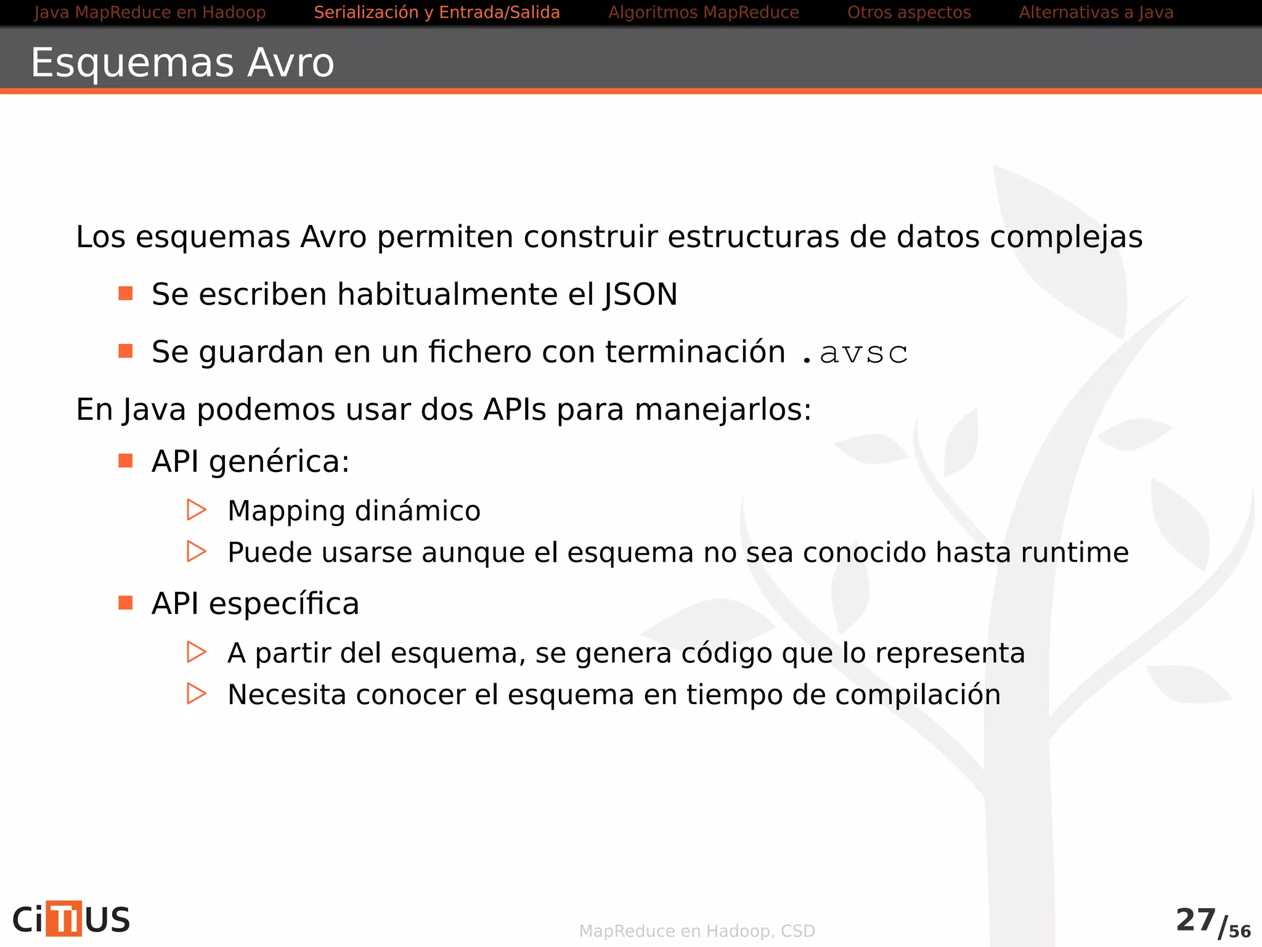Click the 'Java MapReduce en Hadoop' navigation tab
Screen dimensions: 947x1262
click(x=150, y=12)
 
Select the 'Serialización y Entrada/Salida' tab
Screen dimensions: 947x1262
click(x=436, y=12)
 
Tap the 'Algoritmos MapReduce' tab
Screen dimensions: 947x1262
click(x=703, y=12)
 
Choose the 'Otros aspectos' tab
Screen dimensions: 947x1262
click(x=909, y=12)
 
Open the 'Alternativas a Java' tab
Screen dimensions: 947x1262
click(x=1096, y=12)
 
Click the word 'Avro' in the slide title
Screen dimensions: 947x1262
click(x=290, y=63)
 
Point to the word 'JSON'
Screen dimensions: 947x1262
click(x=640, y=295)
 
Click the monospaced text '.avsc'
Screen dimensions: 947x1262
click(x=855, y=353)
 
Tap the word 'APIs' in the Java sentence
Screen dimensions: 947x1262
click(x=515, y=409)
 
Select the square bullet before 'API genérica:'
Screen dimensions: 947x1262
click(x=126, y=461)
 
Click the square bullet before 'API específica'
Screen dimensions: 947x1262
click(x=126, y=602)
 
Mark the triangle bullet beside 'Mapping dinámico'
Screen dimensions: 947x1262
click(x=196, y=510)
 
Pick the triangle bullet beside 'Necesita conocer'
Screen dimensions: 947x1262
click(x=196, y=694)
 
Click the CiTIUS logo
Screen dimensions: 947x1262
click(x=71, y=919)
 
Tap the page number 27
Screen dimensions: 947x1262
click(x=1195, y=920)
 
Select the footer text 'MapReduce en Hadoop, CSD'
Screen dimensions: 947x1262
click(x=697, y=931)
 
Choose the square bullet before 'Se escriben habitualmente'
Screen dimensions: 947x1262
click(x=126, y=293)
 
